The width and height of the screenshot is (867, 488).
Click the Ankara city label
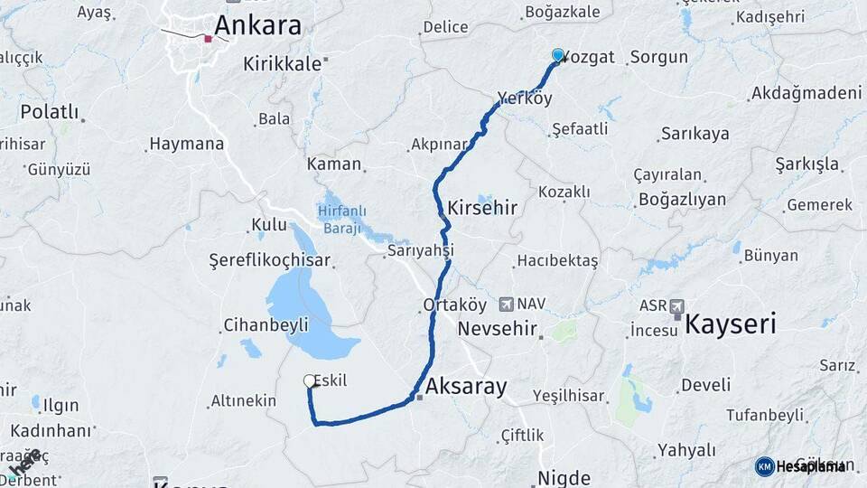259,25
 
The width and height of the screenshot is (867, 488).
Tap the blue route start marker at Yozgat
558,55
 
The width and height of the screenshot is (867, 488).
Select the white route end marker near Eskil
310,381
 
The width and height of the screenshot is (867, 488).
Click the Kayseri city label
731,324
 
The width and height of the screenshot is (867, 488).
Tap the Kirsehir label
482,207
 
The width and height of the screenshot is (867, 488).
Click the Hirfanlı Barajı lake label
342,219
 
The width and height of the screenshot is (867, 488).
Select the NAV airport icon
506,305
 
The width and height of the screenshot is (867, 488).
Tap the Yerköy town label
525,99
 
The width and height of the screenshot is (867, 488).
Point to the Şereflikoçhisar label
270,260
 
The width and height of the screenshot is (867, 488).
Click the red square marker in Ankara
208,39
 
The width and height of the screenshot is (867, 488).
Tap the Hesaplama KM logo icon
765,466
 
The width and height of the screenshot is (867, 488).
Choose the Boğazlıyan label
682,199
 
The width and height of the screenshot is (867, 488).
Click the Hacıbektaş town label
557,261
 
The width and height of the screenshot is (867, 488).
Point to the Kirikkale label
283,64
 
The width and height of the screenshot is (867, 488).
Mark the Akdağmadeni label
806,93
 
